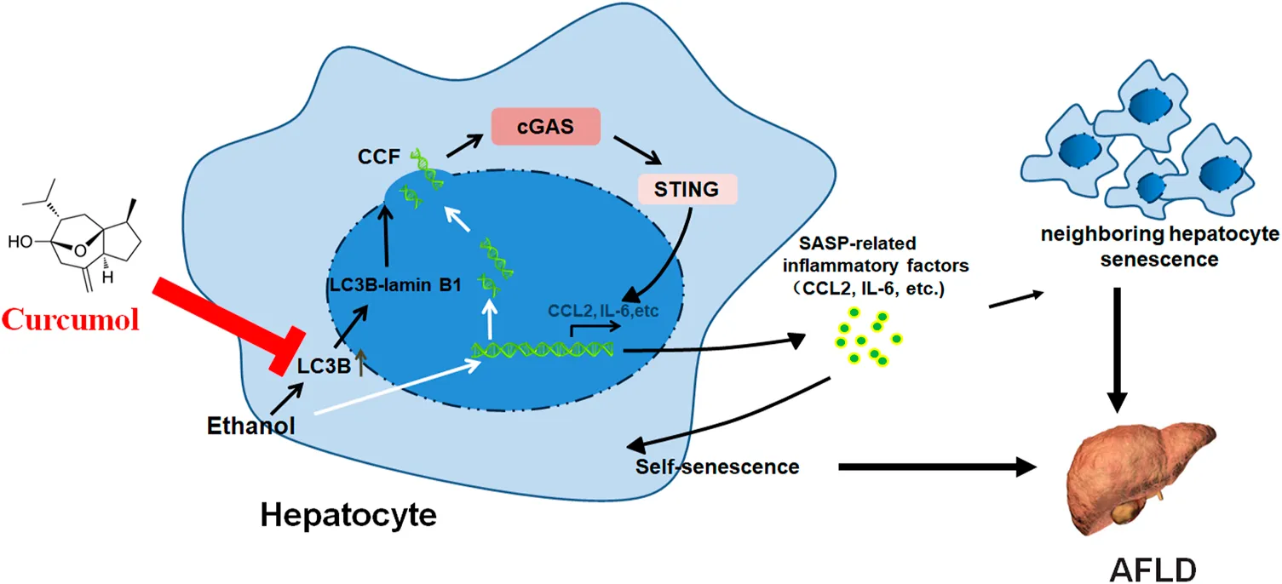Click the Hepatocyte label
point(348,513)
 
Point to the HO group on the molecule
point(25,242)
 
